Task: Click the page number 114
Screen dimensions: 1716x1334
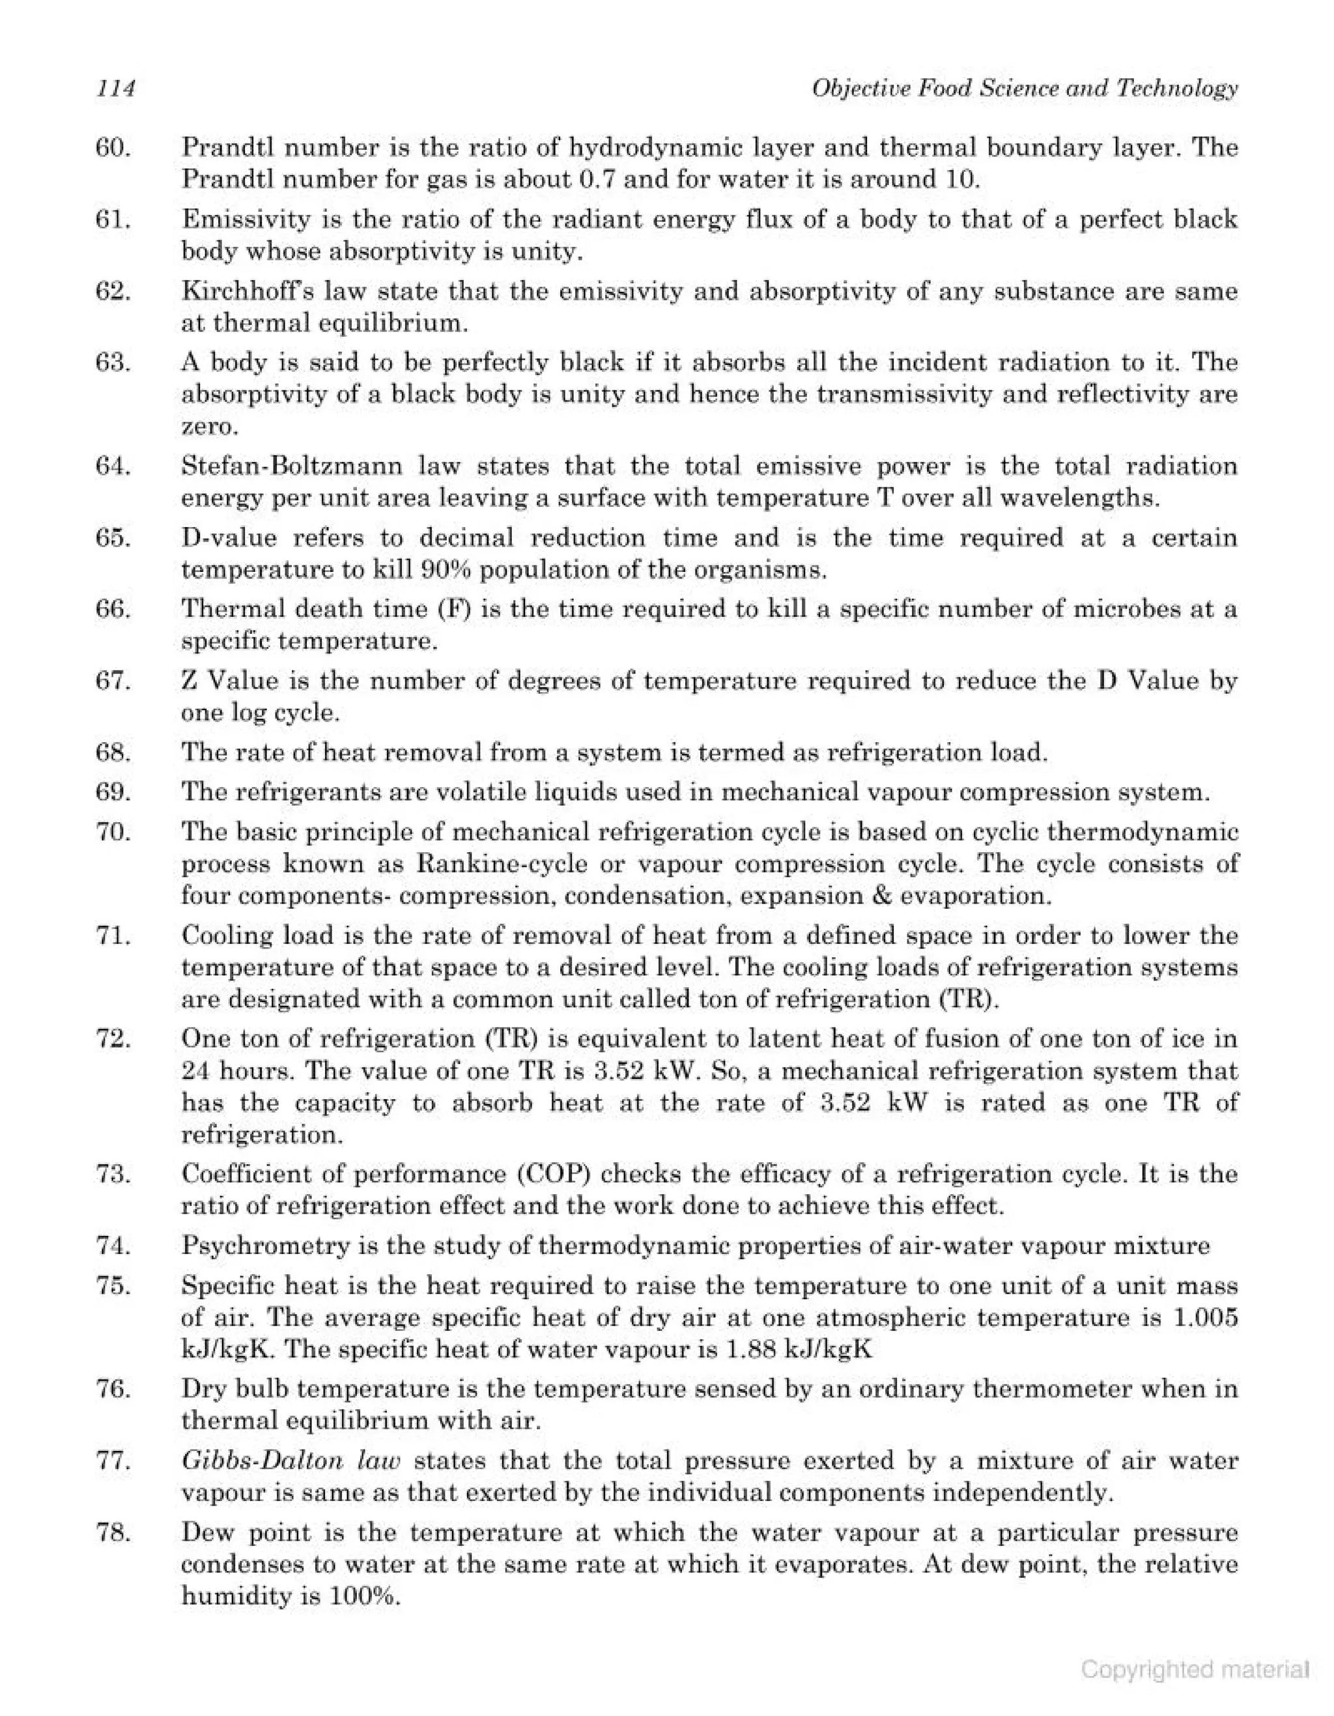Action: (115, 89)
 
